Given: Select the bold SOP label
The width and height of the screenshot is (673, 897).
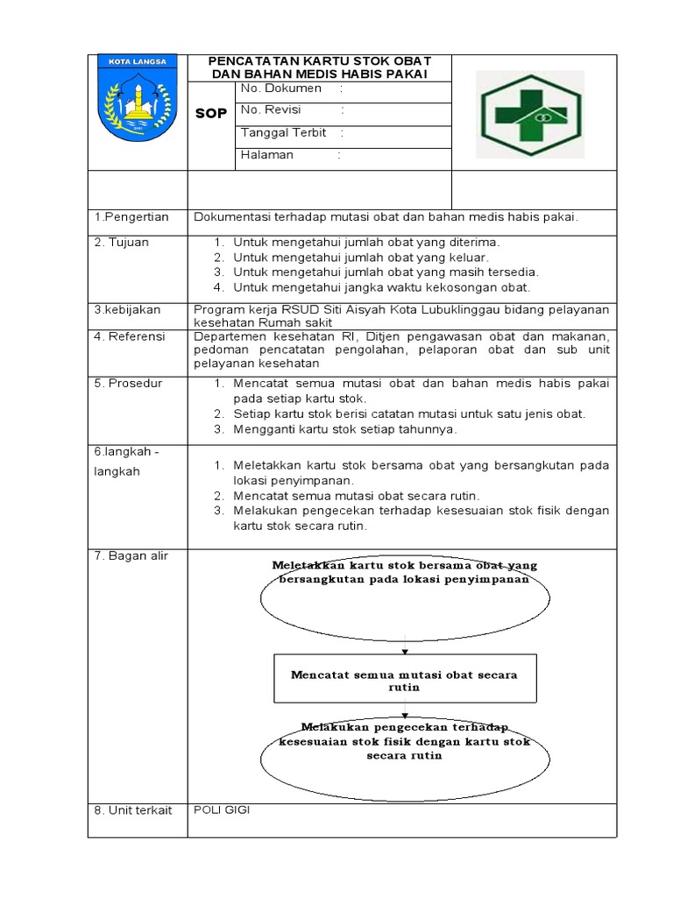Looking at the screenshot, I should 210,114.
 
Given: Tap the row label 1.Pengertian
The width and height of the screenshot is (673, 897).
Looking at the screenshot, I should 131,217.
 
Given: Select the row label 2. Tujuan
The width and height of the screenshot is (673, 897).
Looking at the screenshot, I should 122,242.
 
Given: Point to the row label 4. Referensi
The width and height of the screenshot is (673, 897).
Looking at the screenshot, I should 130,336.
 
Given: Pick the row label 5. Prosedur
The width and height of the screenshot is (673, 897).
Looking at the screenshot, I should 128,383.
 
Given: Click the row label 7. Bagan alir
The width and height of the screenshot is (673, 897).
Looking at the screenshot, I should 131,557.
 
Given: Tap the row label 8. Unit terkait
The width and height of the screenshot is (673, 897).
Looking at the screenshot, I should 133,811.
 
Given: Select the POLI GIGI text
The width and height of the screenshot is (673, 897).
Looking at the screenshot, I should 222,810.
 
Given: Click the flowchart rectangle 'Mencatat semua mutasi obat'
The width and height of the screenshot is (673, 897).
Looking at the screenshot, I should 404,680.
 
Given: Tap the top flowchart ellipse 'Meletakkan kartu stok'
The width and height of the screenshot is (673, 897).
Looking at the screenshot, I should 405,596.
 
